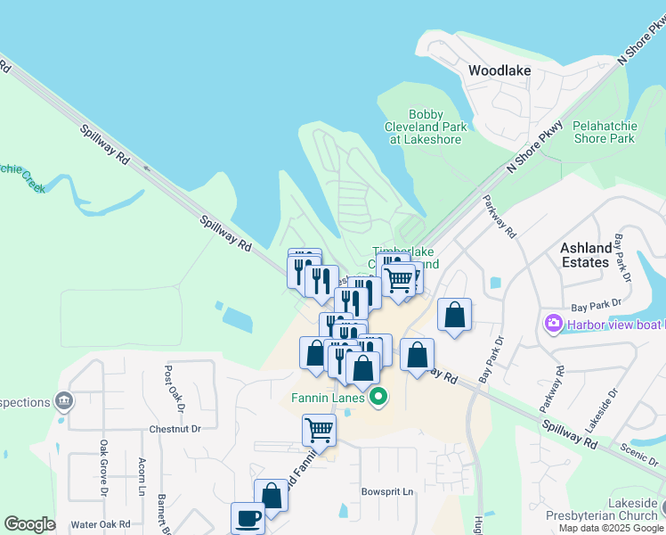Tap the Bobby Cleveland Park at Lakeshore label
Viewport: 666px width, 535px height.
point(424,127)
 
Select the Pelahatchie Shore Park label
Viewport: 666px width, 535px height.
point(604,132)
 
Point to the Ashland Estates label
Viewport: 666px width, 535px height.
point(585,255)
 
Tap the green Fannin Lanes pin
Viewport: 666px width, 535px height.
point(378,398)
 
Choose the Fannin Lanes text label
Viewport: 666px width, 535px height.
point(327,398)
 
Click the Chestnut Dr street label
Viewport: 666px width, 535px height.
point(176,429)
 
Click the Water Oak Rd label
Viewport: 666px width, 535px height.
point(101,524)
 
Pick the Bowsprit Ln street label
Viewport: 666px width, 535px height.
point(388,491)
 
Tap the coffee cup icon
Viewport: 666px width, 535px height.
point(248,516)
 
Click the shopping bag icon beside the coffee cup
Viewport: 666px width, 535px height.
point(272,495)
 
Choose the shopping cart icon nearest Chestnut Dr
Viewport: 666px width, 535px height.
point(319,430)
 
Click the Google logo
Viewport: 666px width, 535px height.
point(29,523)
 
